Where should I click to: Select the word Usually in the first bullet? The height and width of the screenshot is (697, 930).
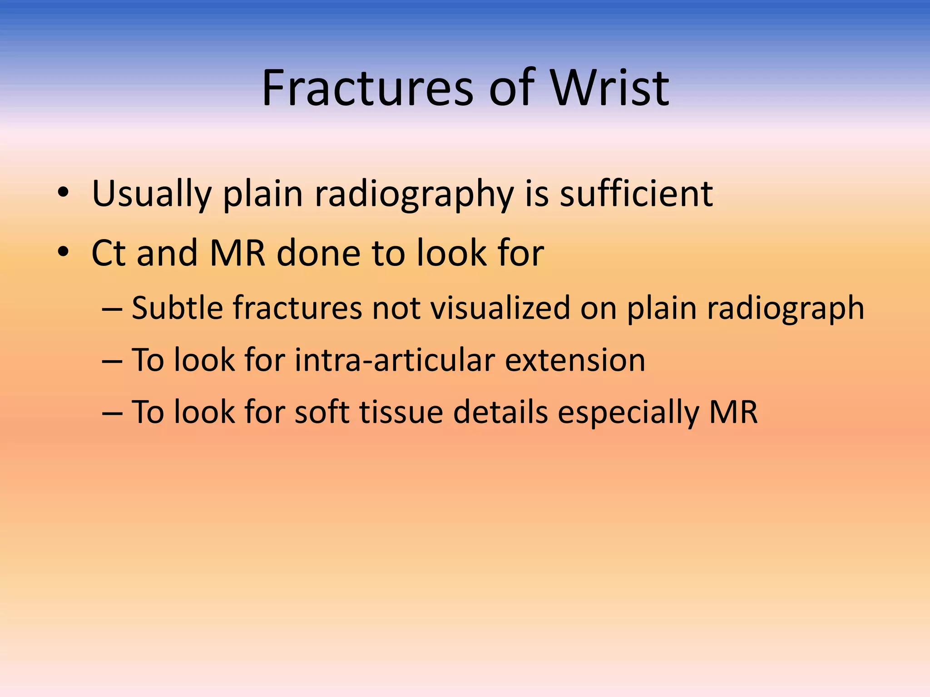[152, 194]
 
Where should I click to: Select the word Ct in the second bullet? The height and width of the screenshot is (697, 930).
[109, 253]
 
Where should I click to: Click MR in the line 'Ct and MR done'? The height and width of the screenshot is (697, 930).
[237, 253]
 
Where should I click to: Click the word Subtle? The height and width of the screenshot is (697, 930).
[177, 308]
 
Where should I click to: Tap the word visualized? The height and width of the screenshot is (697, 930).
[500, 308]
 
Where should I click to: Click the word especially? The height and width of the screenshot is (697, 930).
[628, 413]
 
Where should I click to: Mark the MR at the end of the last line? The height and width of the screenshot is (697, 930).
[733, 412]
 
